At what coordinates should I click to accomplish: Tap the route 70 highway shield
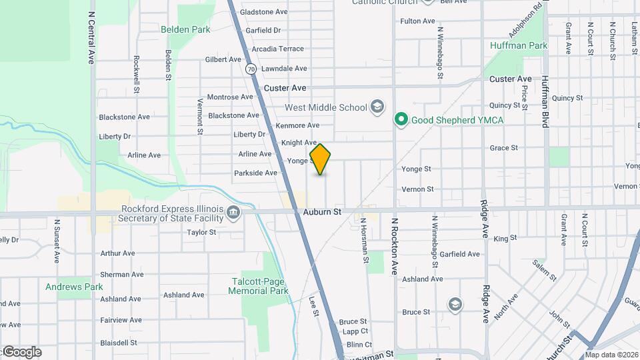(250, 69)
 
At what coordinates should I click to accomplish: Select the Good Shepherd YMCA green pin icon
(401, 120)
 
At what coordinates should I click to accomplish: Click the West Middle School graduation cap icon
(378, 107)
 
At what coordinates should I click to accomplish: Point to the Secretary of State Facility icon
(233, 213)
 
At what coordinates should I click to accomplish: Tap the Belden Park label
(185, 29)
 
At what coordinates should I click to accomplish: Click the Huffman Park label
(519, 45)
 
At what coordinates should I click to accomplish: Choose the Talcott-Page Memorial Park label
(258, 286)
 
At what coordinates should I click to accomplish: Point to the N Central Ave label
(92, 38)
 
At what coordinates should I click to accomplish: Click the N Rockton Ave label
(394, 247)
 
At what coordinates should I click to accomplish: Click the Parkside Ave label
(255, 173)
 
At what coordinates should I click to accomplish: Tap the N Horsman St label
(364, 240)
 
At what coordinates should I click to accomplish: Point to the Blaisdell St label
(118, 343)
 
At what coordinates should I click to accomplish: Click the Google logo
(21, 352)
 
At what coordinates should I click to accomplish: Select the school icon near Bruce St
(455, 305)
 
